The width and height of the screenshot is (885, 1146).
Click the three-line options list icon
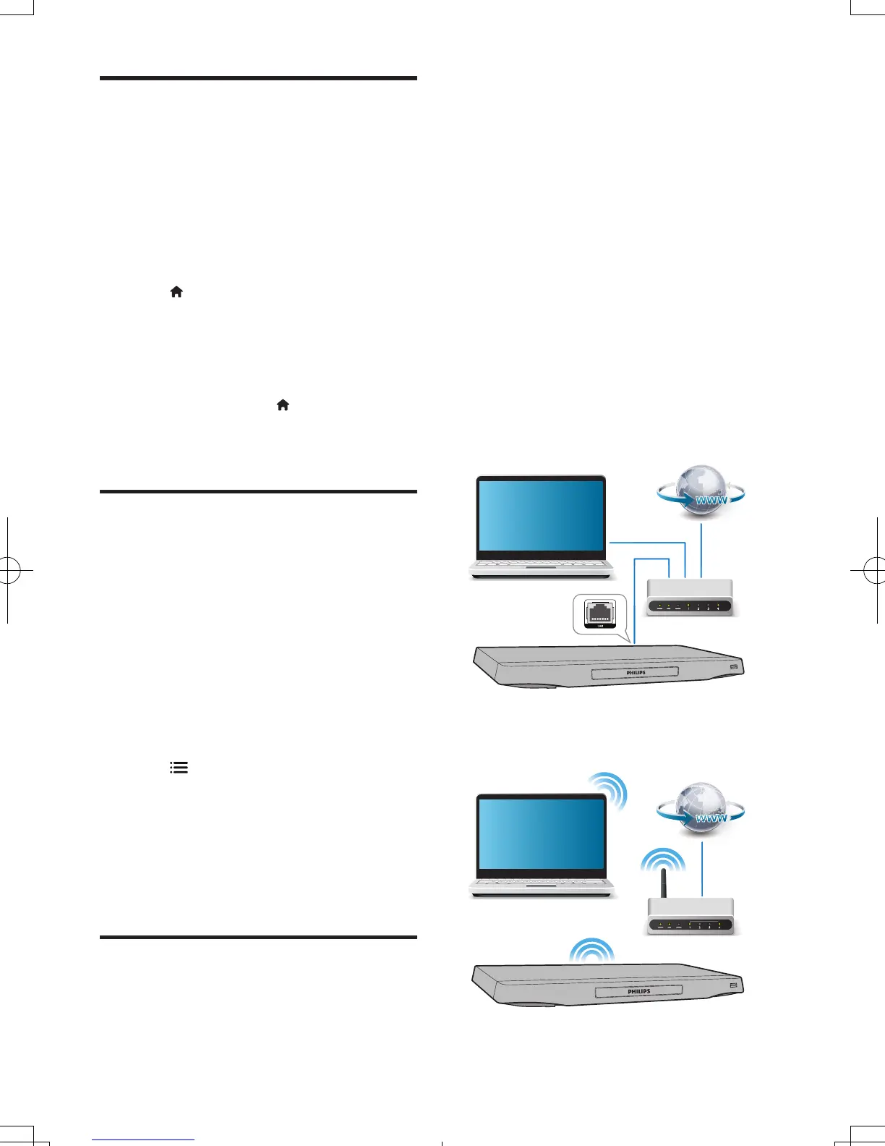point(179,768)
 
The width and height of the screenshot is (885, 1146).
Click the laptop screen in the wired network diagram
point(541,515)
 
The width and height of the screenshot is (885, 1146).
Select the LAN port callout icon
point(599,614)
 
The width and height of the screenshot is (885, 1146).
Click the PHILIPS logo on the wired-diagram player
point(636,673)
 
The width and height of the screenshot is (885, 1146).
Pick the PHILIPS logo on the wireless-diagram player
point(638,991)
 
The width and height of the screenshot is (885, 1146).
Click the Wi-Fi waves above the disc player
point(591,950)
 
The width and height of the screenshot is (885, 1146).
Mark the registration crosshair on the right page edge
point(876,571)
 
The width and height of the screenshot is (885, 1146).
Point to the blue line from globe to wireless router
point(702,868)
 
